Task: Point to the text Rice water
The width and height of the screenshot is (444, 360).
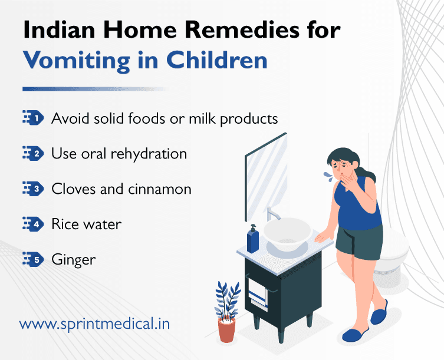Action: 86,224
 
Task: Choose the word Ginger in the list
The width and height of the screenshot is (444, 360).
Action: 73,259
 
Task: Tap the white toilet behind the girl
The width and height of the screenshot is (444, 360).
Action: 396,247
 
